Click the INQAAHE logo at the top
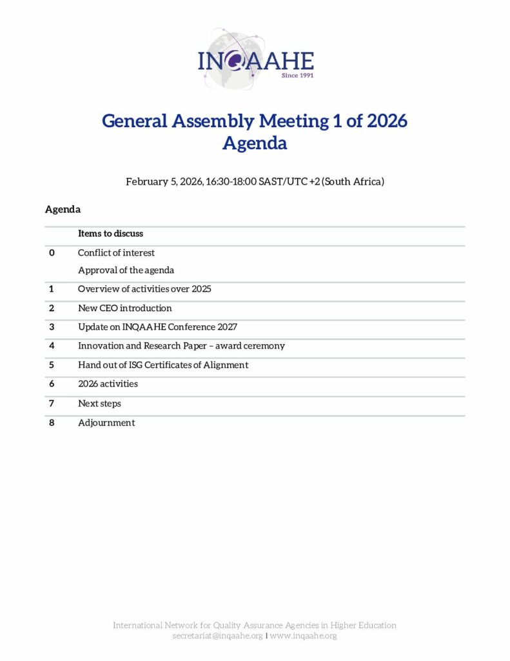point(255,60)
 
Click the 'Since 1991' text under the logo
point(297,76)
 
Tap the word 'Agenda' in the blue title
point(255,143)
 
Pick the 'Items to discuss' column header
point(110,233)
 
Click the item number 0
point(52,252)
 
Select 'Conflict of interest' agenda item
point(116,252)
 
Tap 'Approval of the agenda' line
point(126,270)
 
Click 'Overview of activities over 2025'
point(144,289)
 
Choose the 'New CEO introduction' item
point(125,308)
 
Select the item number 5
point(52,365)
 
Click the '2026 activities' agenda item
point(108,383)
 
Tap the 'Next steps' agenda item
point(99,403)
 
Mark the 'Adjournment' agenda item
point(106,423)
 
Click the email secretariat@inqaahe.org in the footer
point(217,636)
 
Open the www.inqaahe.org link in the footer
point(303,636)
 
